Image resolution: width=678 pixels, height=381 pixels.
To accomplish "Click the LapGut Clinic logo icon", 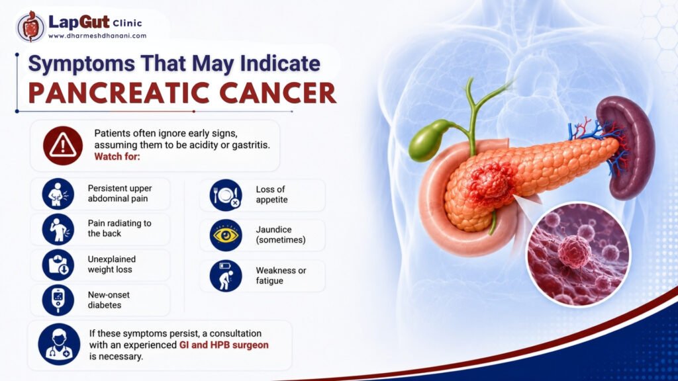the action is click(30, 26).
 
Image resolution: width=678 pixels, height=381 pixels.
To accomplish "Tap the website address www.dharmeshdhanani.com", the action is click(97, 36).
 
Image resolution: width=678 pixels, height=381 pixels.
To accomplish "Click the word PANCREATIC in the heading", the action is click(117, 93).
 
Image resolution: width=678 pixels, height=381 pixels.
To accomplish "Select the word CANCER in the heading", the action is click(278, 93).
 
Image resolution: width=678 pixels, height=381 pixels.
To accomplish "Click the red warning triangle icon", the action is click(63, 146).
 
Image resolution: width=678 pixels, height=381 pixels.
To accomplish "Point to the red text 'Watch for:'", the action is click(117, 156).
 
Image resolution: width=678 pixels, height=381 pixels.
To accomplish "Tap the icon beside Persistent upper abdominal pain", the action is click(58, 194).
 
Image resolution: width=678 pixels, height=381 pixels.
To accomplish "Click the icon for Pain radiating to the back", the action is click(58, 230).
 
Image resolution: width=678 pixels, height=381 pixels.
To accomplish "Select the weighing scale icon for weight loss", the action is click(58, 265).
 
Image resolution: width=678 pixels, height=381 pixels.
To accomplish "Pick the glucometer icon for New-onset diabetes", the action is click(58, 300).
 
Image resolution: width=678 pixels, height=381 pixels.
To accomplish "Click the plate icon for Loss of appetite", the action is click(226, 195).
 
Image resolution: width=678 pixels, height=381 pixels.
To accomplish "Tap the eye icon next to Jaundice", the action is click(226, 235).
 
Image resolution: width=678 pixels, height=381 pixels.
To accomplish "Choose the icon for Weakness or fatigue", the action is click(226, 276).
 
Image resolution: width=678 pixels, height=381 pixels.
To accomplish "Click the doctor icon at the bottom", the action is click(59, 345).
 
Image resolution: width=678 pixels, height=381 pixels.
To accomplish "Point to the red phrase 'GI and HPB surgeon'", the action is click(224, 345).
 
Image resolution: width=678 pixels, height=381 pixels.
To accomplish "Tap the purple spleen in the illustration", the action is click(628, 148).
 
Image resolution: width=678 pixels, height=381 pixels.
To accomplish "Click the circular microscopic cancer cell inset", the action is click(578, 255).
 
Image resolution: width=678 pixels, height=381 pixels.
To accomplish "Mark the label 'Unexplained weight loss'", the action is click(111, 265).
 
